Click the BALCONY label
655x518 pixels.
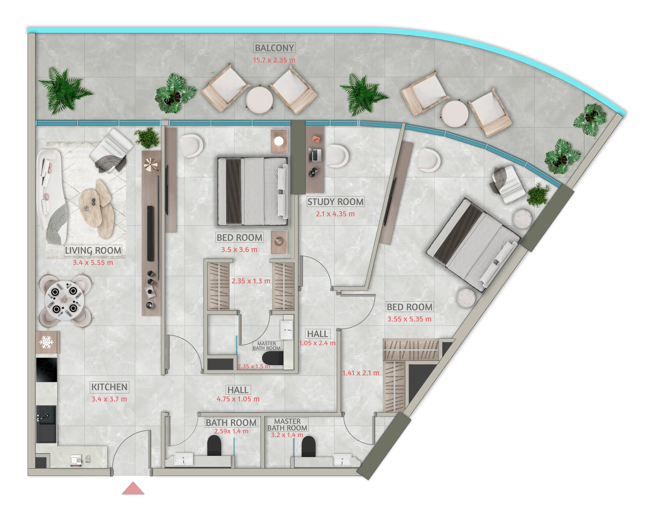point(274,48)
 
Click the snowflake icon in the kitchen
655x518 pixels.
point(46,342)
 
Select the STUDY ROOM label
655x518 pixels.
point(335,202)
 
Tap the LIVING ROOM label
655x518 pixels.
point(93,251)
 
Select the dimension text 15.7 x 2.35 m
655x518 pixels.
point(274,60)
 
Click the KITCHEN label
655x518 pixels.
point(109,387)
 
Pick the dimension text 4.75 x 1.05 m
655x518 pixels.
point(238,399)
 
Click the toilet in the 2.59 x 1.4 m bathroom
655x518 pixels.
point(214,445)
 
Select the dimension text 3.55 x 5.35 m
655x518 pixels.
point(409,319)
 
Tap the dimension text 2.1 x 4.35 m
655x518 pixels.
point(335,214)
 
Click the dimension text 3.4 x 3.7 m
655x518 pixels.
point(109,399)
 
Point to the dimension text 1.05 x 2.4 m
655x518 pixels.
point(317,343)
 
